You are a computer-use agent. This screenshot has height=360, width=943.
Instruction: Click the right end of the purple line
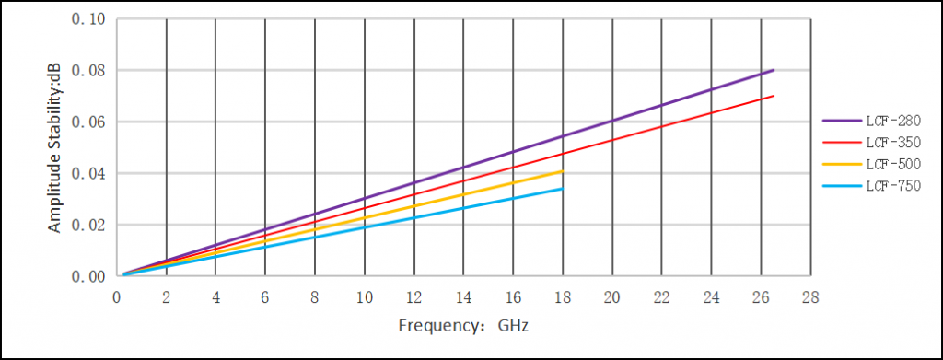(774, 70)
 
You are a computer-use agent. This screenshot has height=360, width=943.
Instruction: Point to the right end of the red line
(774, 96)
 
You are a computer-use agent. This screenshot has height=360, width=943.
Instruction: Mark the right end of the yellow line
(562, 171)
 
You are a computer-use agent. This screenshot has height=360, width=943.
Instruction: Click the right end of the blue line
(562, 189)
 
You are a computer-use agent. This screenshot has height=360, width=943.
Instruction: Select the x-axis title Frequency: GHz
(464, 326)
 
